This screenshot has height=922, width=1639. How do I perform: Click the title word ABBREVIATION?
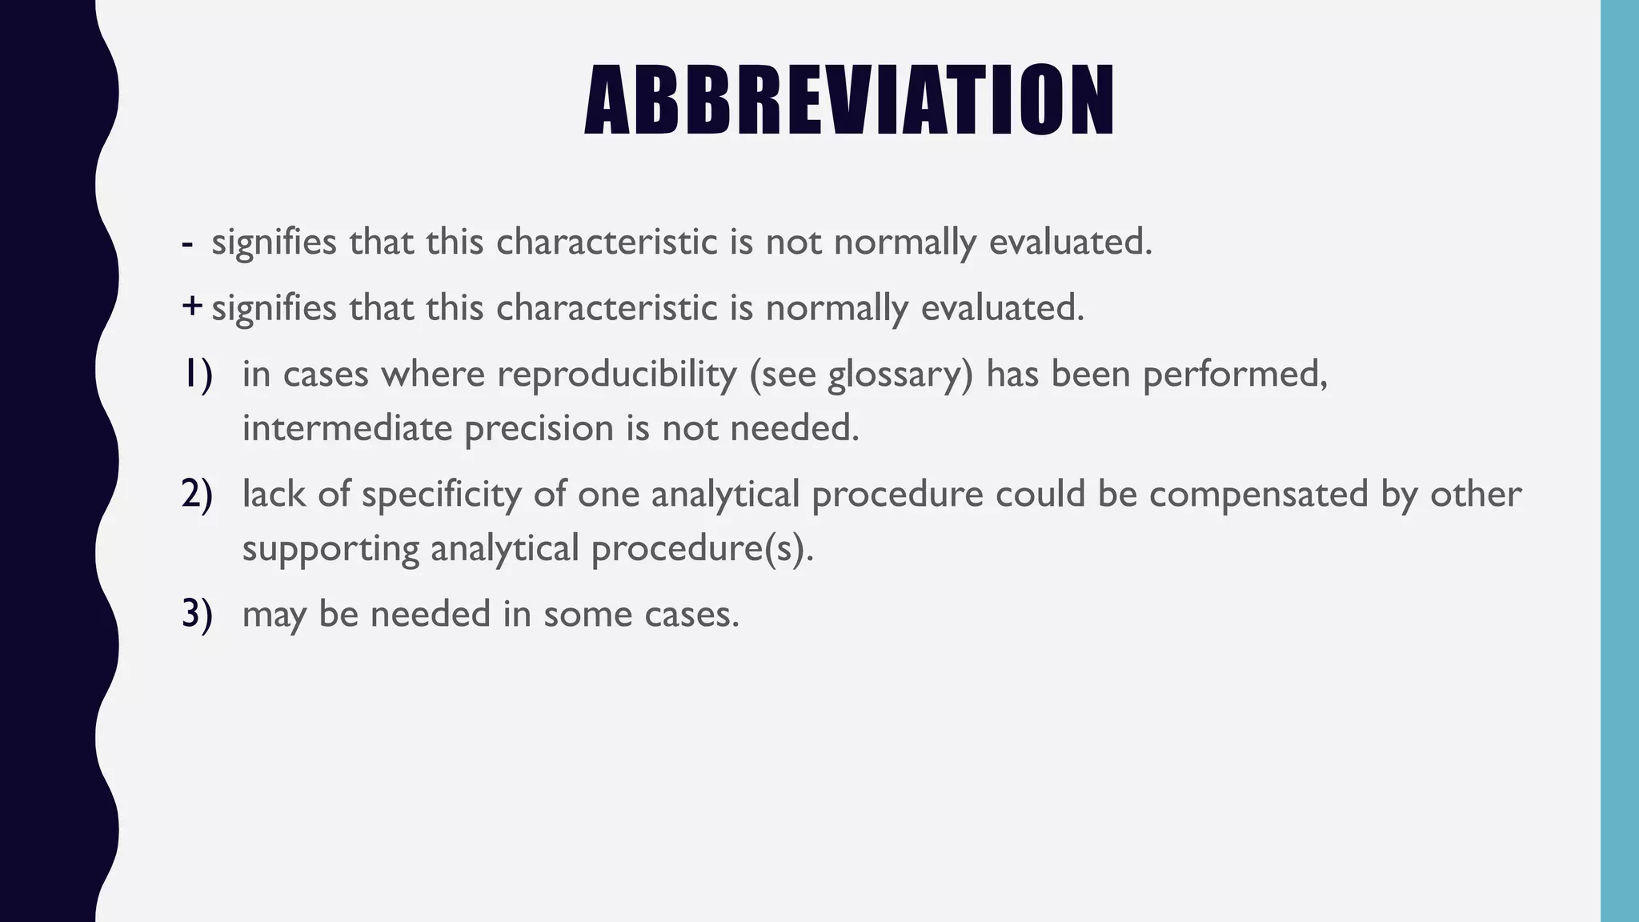[x=849, y=100]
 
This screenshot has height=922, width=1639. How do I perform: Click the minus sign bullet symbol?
[x=187, y=243]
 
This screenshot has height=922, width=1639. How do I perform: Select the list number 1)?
[x=197, y=374]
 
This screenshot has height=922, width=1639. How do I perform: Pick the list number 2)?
[x=197, y=494]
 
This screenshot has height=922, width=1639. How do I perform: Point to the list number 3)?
[x=197, y=614]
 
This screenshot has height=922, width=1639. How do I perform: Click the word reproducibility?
[x=616, y=374]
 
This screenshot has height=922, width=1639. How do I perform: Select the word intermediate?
[x=347, y=428]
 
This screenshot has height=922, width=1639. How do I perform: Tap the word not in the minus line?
[x=793, y=243]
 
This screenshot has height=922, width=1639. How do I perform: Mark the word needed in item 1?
[x=794, y=428]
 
